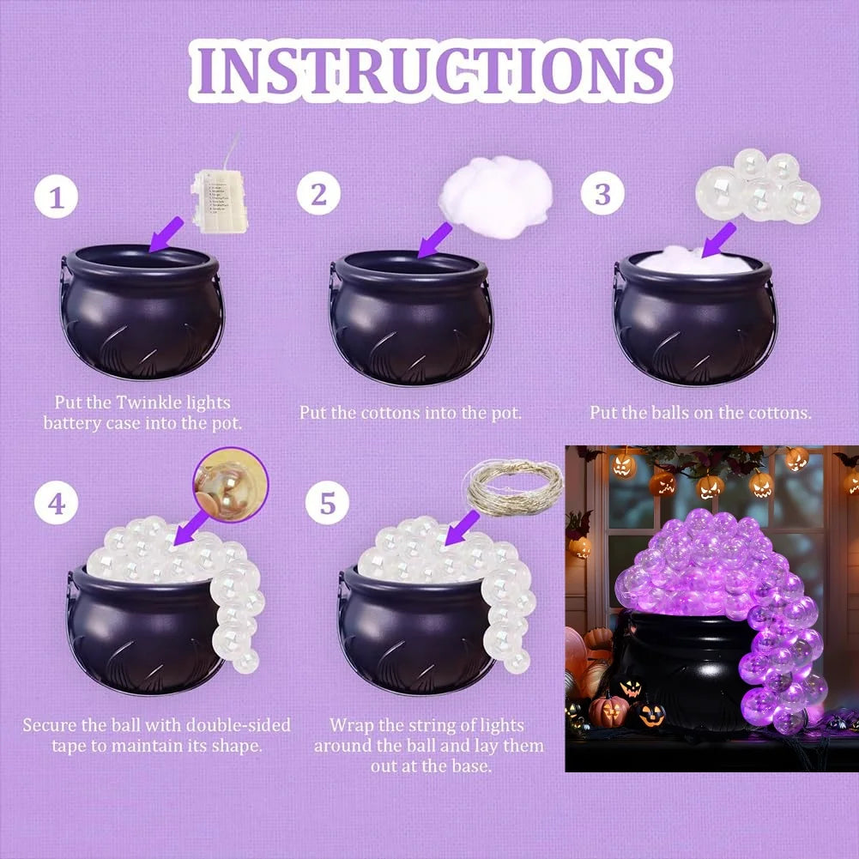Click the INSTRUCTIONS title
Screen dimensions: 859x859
430,70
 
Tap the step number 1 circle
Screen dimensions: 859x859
57,197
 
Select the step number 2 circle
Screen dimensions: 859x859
318,193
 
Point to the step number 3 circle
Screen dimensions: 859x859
602,193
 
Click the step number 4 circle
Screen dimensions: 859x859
57,504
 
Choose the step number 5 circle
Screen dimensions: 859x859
327,502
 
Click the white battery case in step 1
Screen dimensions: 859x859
219,201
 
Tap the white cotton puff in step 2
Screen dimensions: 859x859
495,197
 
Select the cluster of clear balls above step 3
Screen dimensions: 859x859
759,186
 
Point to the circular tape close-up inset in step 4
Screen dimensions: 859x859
231,485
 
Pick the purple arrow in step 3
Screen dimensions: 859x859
718,240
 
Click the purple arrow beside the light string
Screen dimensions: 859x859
462,528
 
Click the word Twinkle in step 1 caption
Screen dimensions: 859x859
148,402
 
